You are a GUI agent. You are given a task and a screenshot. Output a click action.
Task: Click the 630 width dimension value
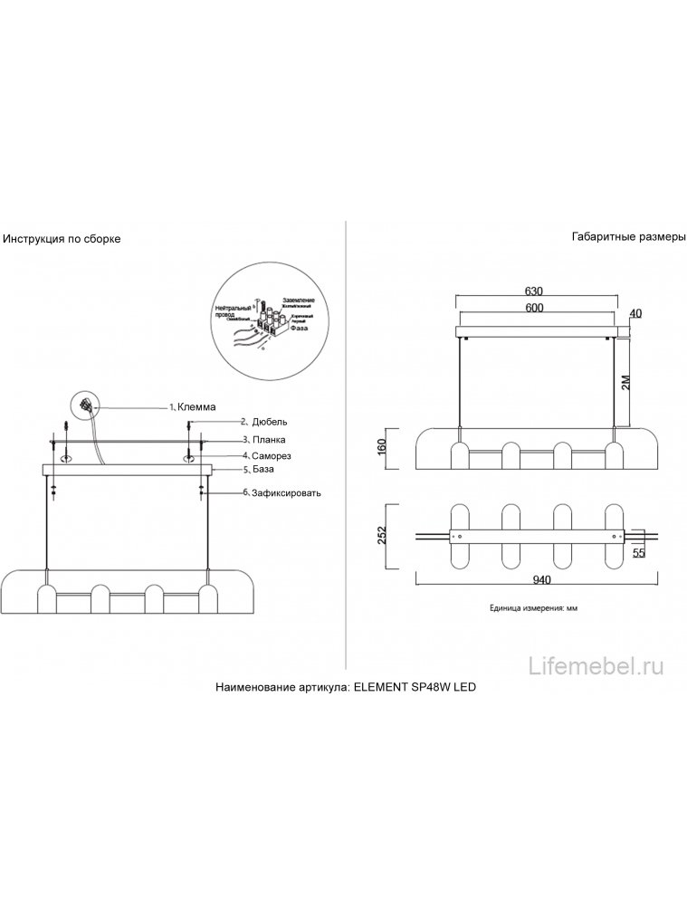click(x=533, y=291)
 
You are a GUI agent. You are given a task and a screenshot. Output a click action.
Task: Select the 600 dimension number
click(x=533, y=308)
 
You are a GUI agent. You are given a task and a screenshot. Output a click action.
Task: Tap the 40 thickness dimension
click(x=635, y=313)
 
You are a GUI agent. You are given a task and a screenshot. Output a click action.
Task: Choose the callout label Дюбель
click(x=269, y=422)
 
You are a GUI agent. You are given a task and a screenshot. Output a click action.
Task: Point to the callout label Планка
click(x=268, y=439)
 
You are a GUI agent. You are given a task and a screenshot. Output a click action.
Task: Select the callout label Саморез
click(x=272, y=455)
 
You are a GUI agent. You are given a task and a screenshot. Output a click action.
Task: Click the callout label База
click(x=262, y=471)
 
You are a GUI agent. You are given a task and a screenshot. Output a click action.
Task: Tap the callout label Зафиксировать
click(x=286, y=493)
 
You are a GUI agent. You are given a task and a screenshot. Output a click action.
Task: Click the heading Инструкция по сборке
click(x=62, y=239)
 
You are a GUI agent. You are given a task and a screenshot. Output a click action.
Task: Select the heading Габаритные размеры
click(x=629, y=236)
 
